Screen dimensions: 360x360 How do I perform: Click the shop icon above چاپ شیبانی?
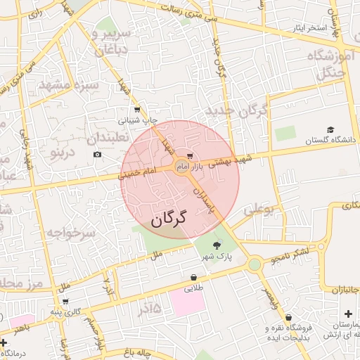(137, 110)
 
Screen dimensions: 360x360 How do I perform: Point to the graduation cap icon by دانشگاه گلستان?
(330, 130)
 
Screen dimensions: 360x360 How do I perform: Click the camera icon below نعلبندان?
(97, 154)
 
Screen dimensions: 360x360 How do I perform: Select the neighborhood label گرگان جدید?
(236, 111)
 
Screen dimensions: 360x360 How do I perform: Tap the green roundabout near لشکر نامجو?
(254, 264)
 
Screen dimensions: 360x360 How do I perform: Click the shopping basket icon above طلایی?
(193, 277)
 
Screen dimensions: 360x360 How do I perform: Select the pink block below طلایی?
(187, 303)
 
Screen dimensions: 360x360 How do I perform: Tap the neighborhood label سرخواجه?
(70, 233)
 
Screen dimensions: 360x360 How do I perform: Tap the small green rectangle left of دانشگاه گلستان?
(285, 134)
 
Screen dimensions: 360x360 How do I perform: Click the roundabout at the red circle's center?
(180, 166)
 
